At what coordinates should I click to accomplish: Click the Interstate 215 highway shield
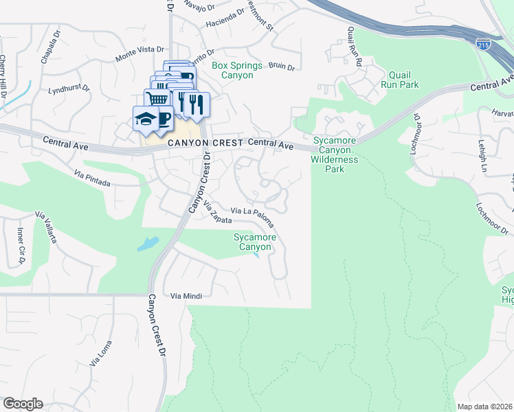(x=484, y=45)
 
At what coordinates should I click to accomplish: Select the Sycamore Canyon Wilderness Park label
(x=335, y=154)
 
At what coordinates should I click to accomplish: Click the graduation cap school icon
(x=146, y=119)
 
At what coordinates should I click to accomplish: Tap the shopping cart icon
(x=157, y=99)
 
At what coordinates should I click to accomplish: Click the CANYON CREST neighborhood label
(x=205, y=143)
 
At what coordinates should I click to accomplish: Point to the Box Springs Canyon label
(x=236, y=70)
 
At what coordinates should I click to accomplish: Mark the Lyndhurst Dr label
(x=69, y=89)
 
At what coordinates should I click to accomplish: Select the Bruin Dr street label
(x=281, y=67)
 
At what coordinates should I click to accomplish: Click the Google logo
(x=22, y=404)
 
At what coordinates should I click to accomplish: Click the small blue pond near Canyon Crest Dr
(x=148, y=243)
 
